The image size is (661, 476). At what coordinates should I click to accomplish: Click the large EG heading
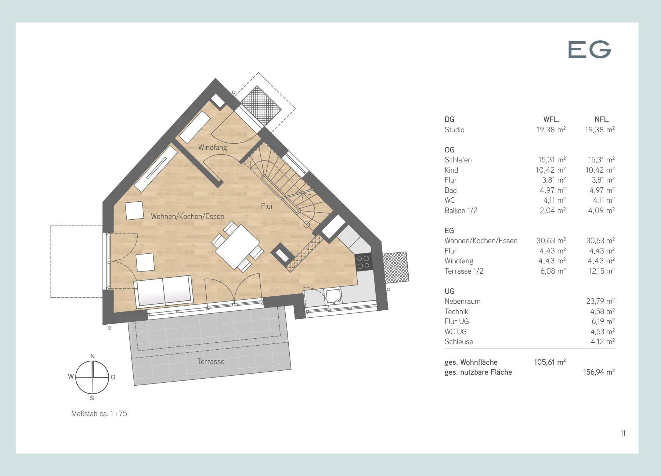click(x=589, y=50)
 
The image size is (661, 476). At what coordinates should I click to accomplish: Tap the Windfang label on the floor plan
click(x=213, y=147)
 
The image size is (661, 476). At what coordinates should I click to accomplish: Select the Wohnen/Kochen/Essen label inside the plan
click(x=188, y=216)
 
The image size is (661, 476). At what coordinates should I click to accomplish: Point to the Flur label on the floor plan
click(x=267, y=206)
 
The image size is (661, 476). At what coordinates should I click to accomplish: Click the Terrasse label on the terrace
click(x=211, y=361)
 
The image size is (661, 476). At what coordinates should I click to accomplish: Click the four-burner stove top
click(x=364, y=262)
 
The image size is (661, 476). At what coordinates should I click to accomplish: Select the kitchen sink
click(x=333, y=296)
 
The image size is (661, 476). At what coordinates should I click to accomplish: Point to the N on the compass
click(x=93, y=356)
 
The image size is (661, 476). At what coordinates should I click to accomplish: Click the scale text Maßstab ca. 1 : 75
click(x=99, y=414)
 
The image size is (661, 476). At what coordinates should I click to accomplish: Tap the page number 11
click(x=623, y=433)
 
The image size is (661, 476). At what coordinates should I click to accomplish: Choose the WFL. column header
click(x=551, y=119)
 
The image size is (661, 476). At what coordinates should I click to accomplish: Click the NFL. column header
click(x=602, y=119)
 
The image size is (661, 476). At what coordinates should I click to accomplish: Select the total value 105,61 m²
click(x=550, y=362)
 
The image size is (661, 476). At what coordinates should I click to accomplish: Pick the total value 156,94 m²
click(x=599, y=372)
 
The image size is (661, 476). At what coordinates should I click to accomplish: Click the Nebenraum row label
click(x=462, y=301)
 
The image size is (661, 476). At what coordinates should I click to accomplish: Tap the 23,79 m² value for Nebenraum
click(x=600, y=301)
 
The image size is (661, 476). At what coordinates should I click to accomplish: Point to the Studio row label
click(x=454, y=130)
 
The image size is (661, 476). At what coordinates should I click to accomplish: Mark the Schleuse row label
click(x=459, y=342)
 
